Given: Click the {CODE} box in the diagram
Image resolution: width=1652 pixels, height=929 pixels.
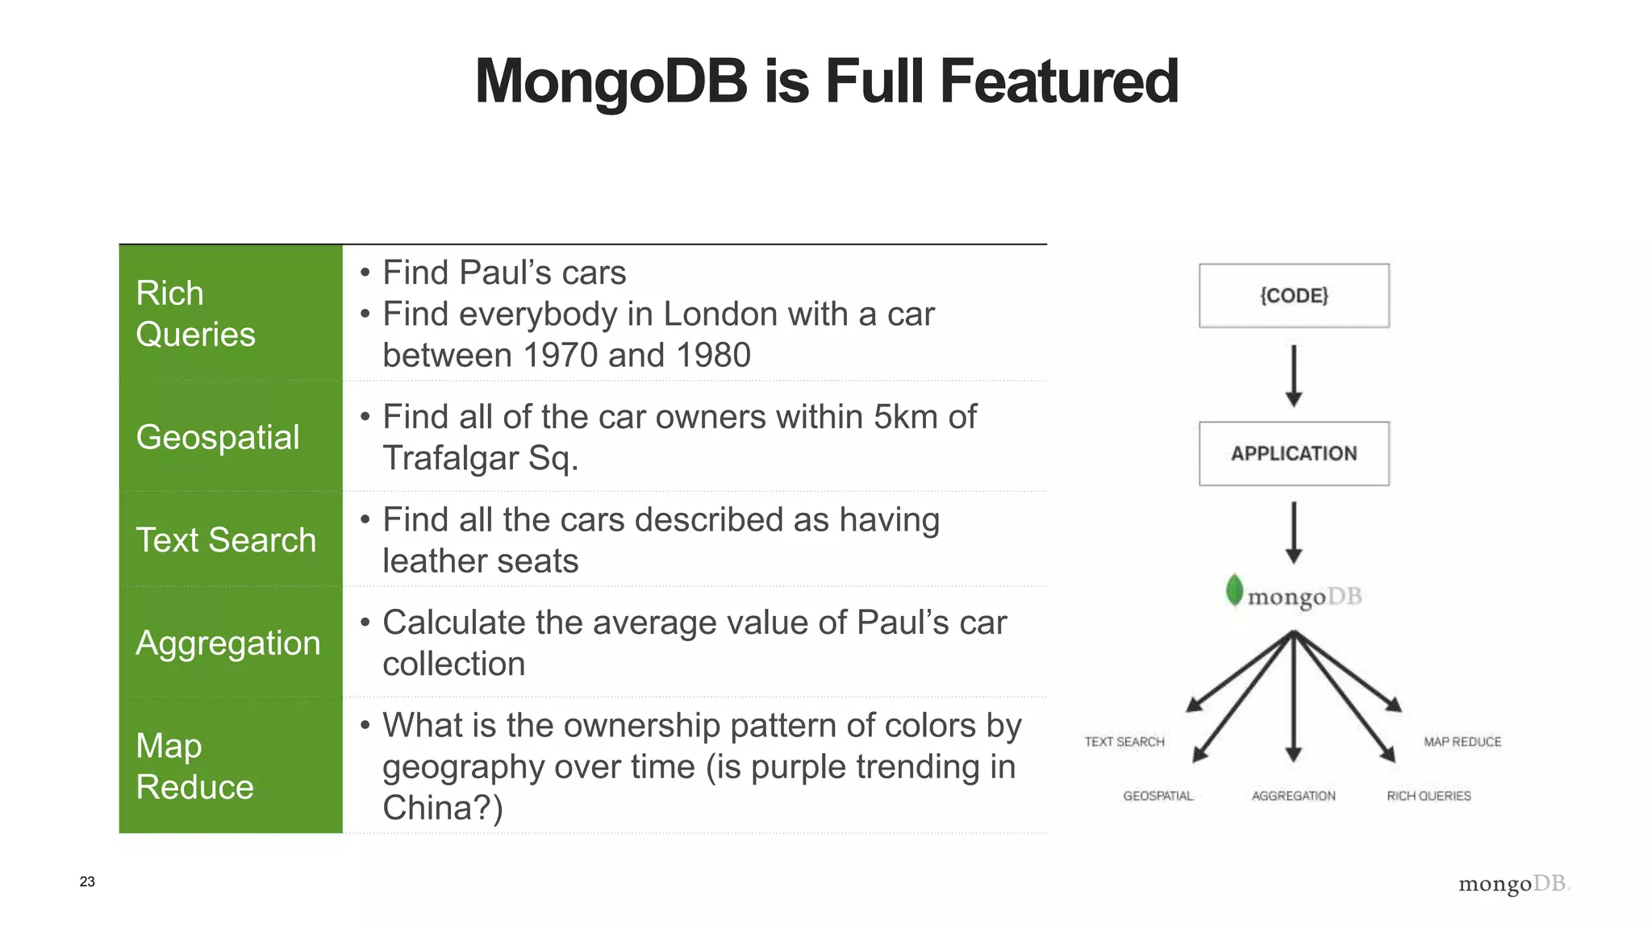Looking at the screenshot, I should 1294,295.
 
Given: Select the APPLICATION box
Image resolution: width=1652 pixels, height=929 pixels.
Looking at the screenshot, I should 1294,453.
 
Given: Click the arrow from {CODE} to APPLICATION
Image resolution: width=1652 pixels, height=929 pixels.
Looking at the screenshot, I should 1294,375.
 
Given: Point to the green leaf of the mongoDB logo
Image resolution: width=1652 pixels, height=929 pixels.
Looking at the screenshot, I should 1234,590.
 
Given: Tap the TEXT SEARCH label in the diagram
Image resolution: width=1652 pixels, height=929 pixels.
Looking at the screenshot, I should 1124,742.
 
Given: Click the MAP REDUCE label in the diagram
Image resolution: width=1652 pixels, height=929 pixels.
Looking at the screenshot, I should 1462,742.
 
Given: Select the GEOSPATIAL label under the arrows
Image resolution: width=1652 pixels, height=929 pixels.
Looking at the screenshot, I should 1158,796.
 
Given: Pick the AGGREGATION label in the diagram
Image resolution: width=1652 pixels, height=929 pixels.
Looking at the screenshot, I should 1293,796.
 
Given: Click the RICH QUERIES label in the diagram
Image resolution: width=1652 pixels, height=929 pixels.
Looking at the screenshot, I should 1429,796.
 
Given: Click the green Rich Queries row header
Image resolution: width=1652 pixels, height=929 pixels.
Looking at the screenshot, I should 231,314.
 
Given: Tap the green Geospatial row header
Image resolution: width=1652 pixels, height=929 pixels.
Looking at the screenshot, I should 231,437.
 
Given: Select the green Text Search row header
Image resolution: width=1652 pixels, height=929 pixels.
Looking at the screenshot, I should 231,539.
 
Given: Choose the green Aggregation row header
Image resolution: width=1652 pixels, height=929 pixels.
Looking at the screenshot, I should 231,643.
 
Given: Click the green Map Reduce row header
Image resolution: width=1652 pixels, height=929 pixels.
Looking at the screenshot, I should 231,766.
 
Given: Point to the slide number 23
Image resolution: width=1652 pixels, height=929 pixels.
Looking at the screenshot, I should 87,881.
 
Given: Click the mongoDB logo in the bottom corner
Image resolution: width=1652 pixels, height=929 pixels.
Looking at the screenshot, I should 1513,884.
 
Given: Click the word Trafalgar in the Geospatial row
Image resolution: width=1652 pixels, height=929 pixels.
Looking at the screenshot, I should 450,458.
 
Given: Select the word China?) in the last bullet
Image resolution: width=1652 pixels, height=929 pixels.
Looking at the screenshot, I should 442,808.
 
